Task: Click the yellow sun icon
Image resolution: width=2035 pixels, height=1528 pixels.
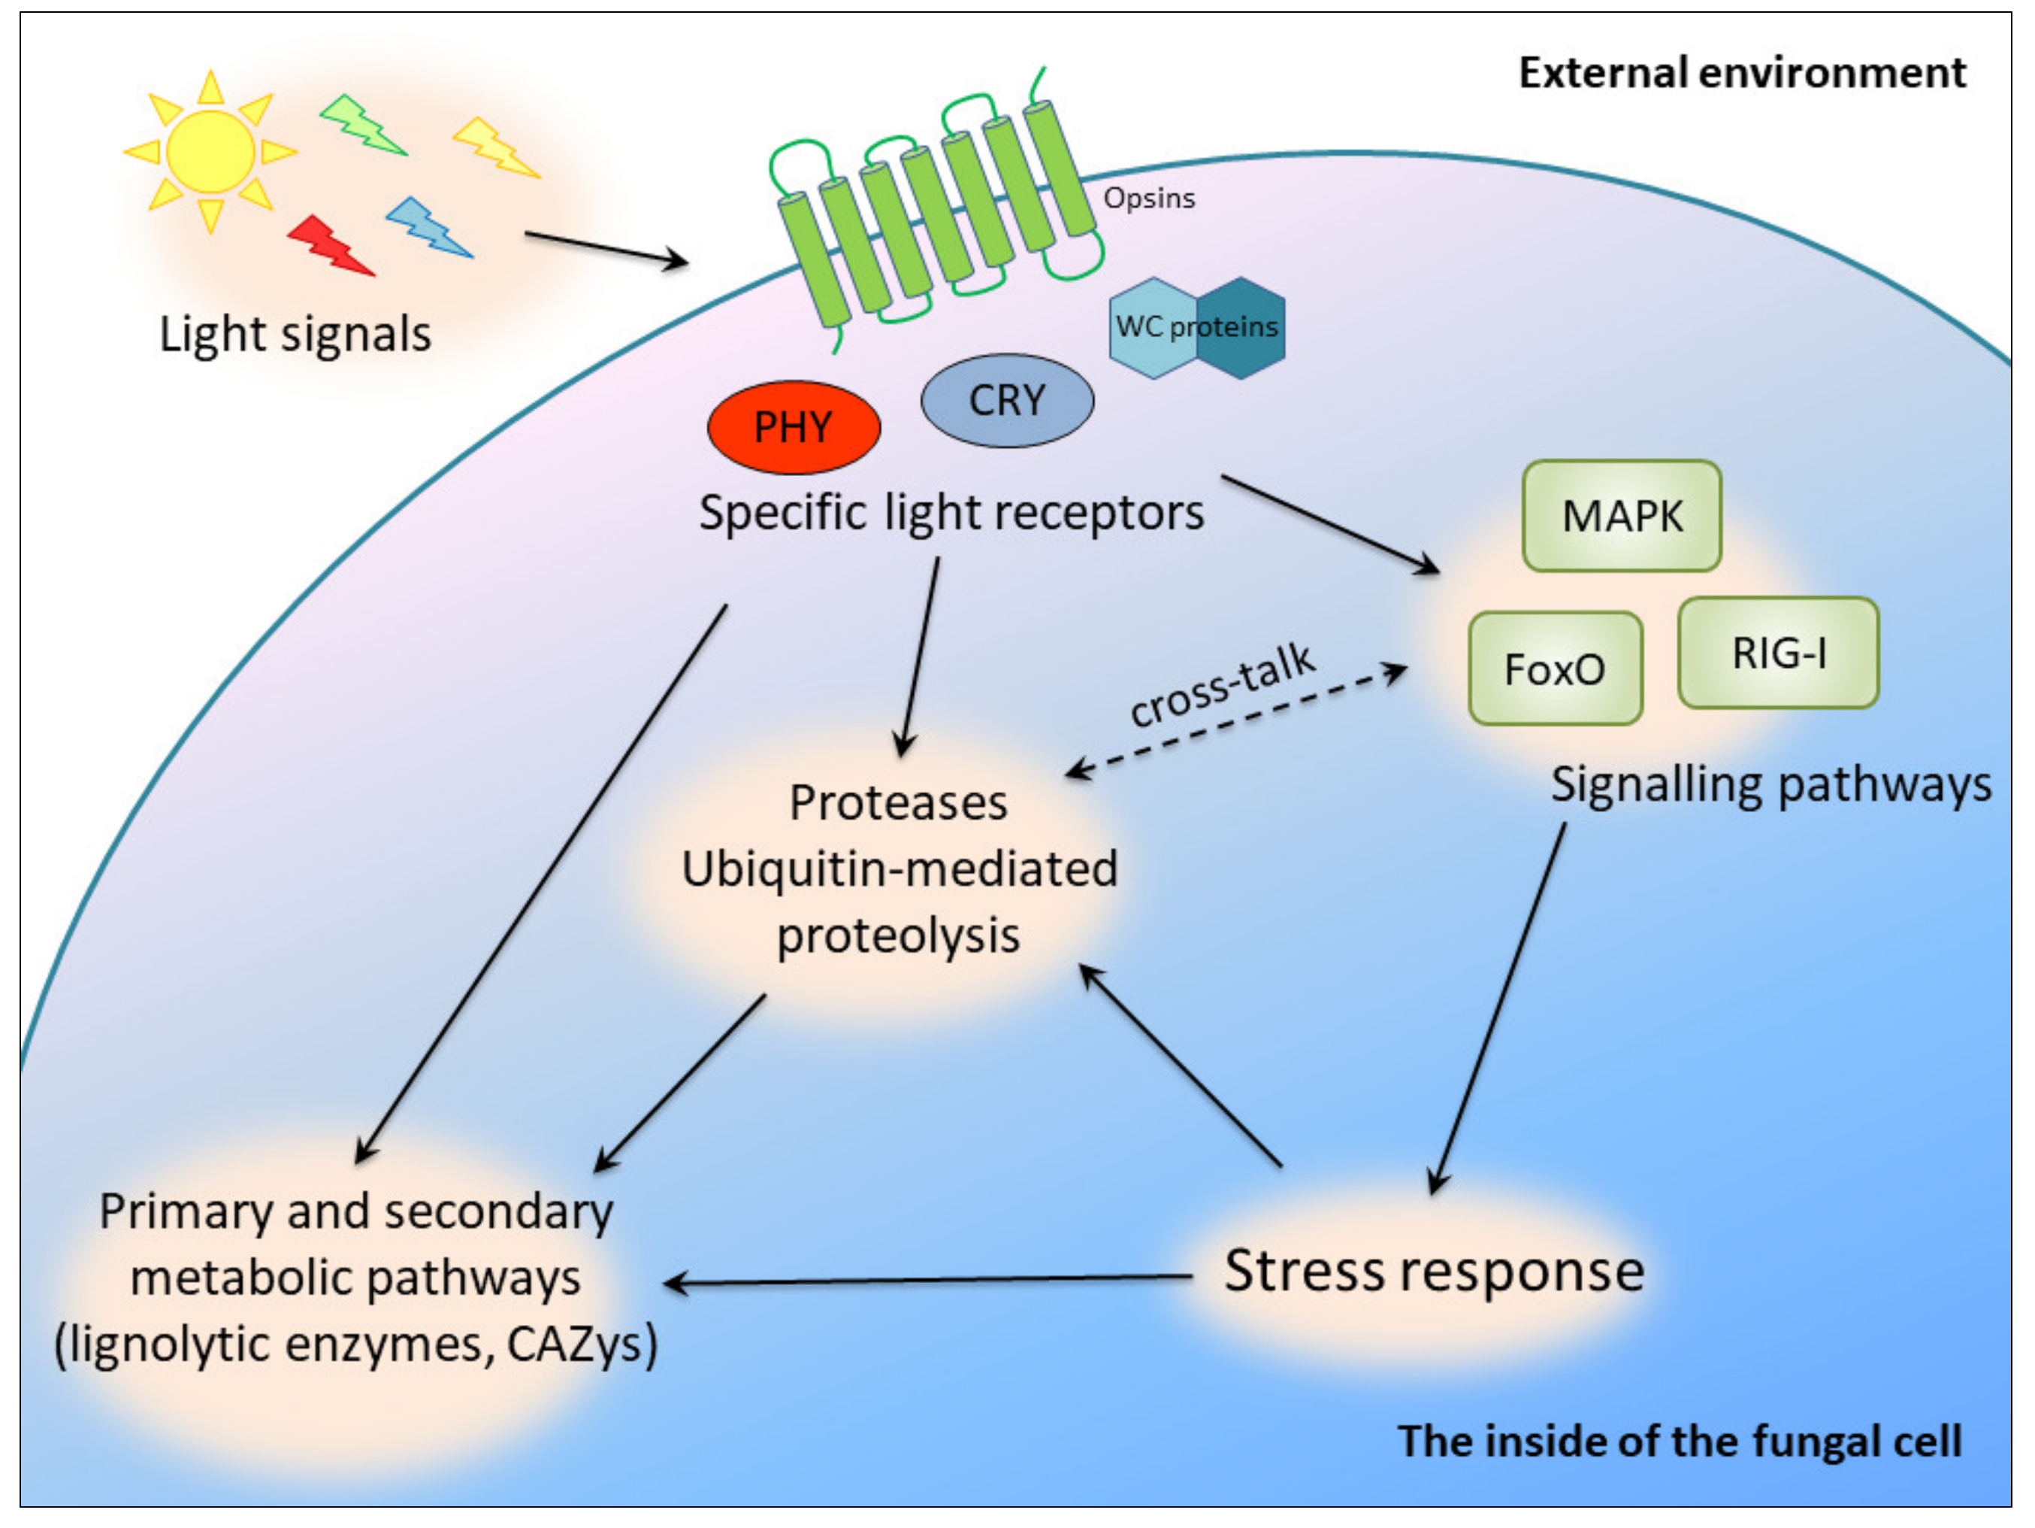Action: (x=210, y=152)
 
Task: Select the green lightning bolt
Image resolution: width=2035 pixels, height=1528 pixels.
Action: (x=362, y=125)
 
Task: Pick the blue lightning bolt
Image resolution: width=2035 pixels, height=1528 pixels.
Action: (x=428, y=227)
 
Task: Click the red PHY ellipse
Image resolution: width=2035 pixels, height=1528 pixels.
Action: (x=793, y=427)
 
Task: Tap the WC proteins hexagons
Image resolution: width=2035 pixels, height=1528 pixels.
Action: (x=1196, y=328)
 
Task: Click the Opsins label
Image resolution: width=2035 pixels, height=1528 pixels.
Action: (x=1148, y=198)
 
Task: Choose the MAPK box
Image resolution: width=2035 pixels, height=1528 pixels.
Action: (x=1621, y=515)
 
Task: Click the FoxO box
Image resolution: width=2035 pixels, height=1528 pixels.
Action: (x=1555, y=668)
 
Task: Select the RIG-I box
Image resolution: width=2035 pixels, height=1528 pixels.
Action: (x=1777, y=653)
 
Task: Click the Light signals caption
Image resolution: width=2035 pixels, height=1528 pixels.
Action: (x=295, y=333)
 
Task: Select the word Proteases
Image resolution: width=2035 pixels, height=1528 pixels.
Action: (x=898, y=802)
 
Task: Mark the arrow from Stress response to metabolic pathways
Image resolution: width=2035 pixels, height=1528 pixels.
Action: (x=929, y=1279)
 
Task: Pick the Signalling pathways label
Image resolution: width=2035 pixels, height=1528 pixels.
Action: (x=1770, y=785)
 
